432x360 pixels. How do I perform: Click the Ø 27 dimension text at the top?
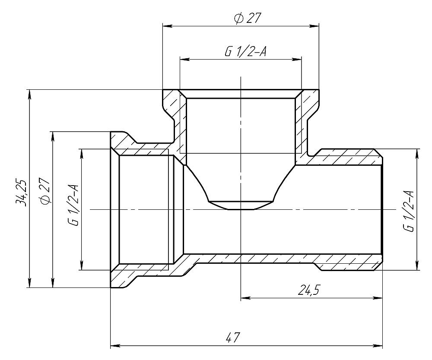tap(248, 18)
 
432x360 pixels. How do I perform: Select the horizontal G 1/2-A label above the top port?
tap(245, 51)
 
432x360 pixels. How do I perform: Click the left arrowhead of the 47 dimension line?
tap(114, 346)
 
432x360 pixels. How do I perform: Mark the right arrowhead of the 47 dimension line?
tap(379, 346)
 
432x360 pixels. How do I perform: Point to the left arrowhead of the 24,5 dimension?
tap(244, 297)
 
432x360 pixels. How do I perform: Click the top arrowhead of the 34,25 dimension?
tap(29, 93)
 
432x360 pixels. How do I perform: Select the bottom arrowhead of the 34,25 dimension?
tap(29, 284)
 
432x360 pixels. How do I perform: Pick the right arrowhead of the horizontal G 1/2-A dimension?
tap(298, 60)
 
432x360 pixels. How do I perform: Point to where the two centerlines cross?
tap(240, 210)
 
